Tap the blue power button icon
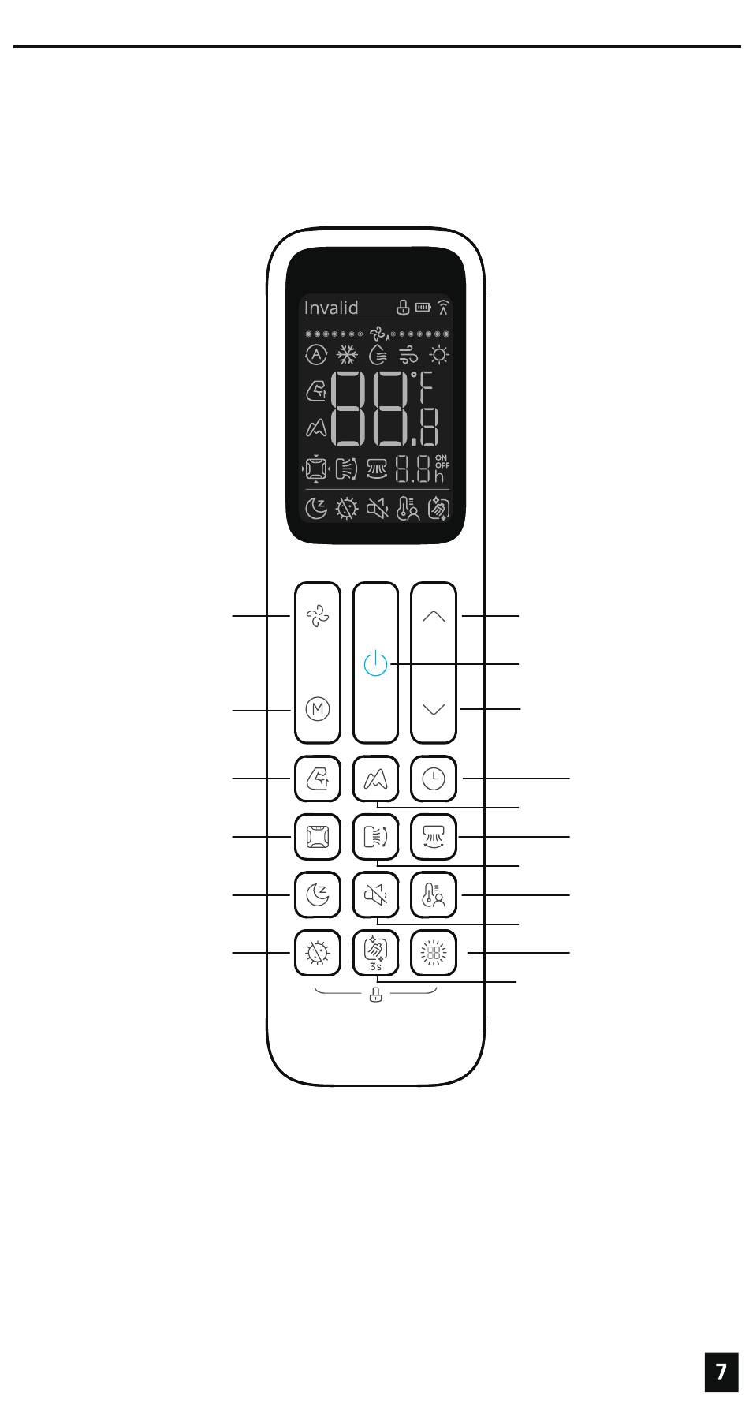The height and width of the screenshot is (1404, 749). click(375, 663)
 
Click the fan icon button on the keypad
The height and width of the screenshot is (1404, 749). click(318, 616)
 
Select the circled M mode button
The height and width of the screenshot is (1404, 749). click(318, 708)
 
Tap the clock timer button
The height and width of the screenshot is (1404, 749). click(434, 779)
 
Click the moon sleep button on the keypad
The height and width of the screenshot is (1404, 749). click(318, 895)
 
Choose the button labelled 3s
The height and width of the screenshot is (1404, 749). click(376, 954)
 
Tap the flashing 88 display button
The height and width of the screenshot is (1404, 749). click(434, 954)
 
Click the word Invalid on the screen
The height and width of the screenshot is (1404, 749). click(331, 308)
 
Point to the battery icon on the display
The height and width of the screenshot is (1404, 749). click(423, 307)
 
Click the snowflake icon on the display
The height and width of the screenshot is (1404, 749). click(348, 355)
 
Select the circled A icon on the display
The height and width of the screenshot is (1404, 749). click(316, 355)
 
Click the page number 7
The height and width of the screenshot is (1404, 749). click(721, 1371)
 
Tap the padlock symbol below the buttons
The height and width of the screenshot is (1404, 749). click(376, 995)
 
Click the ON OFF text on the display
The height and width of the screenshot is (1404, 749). click(442, 461)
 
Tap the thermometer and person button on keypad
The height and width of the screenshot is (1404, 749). click(434, 895)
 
